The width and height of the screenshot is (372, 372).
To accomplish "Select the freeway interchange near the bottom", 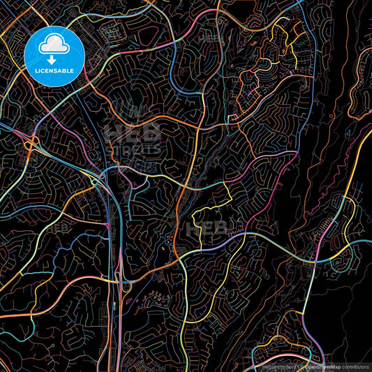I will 125,285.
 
